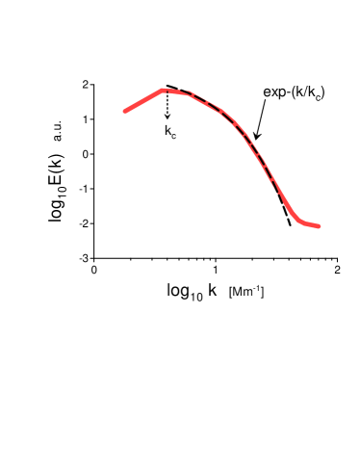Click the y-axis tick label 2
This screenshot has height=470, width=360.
point(87,85)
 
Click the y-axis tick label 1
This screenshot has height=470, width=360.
point(87,119)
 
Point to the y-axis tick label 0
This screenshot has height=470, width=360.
point(87,154)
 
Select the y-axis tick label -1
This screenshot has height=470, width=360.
point(85,189)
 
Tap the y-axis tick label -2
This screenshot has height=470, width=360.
point(85,223)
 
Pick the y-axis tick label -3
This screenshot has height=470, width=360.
point(85,258)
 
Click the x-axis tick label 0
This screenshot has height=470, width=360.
point(94,271)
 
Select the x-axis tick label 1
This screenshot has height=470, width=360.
point(216,271)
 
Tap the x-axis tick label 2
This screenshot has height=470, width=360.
point(337,271)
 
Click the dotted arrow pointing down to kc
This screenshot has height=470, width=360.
point(167,105)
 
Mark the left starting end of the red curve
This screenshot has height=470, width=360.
point(125,111)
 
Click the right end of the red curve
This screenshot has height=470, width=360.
point(319,226)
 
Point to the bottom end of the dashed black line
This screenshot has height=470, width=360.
point(291,225)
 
